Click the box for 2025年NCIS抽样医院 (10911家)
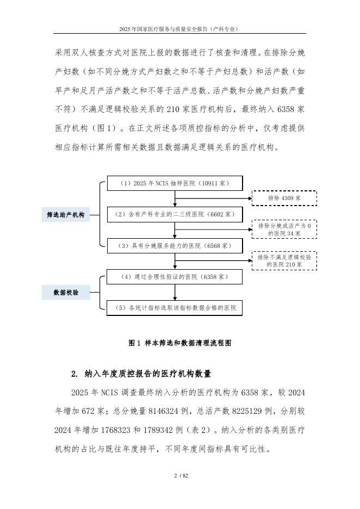coord(175,183)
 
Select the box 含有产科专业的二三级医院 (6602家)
coord(175,214)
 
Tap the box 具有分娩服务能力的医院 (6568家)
coord(175,246)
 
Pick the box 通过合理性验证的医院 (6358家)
coord(175,277)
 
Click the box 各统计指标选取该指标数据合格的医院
coord(175,308)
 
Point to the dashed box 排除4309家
coord(284,199)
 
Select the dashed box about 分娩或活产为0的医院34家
coord(284,229)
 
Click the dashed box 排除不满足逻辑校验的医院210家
coord(284,260)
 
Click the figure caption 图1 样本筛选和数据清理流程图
coord(179,343)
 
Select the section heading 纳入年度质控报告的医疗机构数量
coord(147,374)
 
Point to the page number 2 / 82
coord(180,476)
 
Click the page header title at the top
coord(180,28)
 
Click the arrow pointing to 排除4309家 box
coord(228,199)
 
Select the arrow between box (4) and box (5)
coord(175,293)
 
